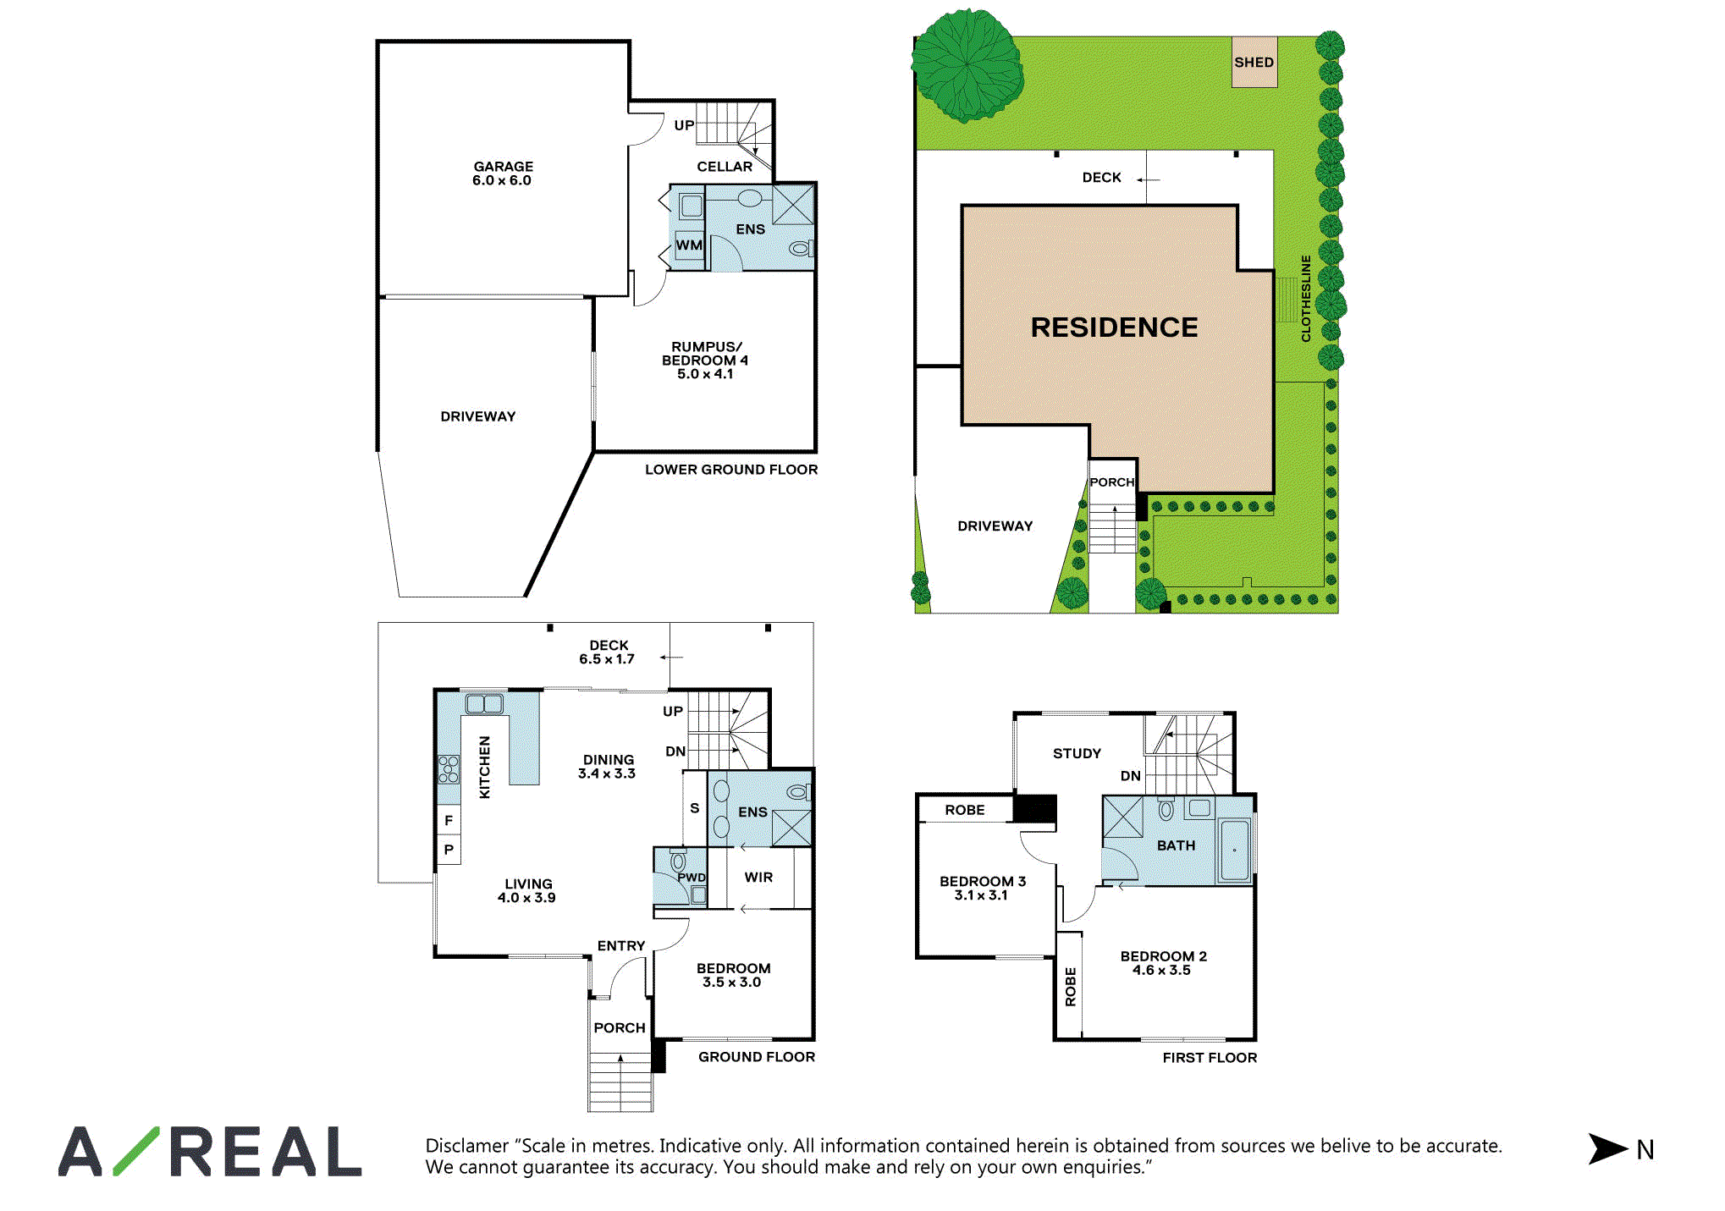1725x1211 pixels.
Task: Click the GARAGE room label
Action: pyautogui.click(x=503, y=173)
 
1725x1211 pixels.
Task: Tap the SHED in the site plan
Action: pyautogui.click(x=1254, y=62)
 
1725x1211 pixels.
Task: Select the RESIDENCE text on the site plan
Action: pyautogui.click(x=1114, y=328)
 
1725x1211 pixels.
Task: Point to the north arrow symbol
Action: pyautogui.click(x=1607, y=1148)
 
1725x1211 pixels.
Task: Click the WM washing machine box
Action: pyautogui.click(x=689, y=245)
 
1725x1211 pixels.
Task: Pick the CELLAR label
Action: pyautogui.click(x=725, y=167)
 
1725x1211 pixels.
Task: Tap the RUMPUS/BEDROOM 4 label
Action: pyautogui.click(x=705, y=361)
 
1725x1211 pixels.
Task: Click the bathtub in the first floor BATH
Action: pyautogui.click(x=1234, y=850)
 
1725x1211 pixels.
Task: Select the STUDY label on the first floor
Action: pyautogui.click(x=1077, y=753)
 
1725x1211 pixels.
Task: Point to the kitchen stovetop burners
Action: pyautogui.click(x=449, y=769)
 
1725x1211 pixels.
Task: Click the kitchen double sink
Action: pyautogui.click(x=484, y=703)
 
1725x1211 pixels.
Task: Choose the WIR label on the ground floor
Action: pyautogui.click(x=758, y=878)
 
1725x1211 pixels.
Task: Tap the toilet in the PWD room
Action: pyautogui.click(x=678, y=861)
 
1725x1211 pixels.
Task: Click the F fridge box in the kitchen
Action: pyautogui.click(x=449, y=820)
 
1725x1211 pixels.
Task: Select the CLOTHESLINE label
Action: pyautogui.click(x=1306, y=299)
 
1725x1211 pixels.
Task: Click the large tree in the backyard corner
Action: pyautogui.click(x=967, y=65)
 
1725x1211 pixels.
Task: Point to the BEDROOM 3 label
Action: pyautogui.click(x=982, y=888)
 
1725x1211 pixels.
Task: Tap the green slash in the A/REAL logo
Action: pyautogui.click(x=136, y=1151)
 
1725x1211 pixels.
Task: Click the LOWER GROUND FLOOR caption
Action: pyautogui.click(x=731, y=470)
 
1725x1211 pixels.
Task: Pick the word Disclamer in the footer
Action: pyautogui.click(x=467, y=1146)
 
